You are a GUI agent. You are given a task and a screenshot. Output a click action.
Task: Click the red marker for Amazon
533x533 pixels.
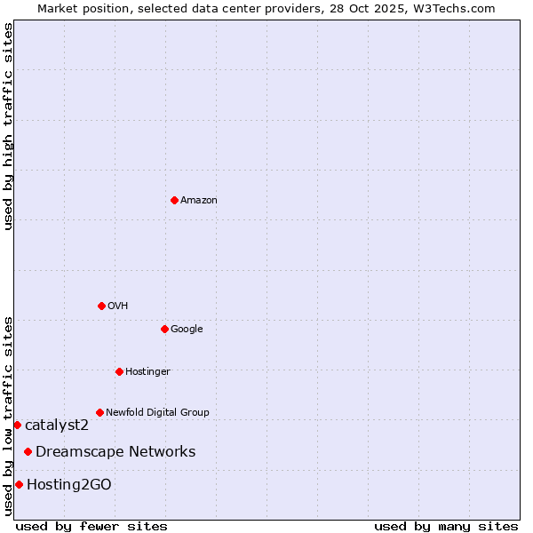pyautogui.click(x=174, y=200)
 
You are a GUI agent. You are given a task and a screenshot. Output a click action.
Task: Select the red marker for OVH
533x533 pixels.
pyautogui.click(x=101, y=306)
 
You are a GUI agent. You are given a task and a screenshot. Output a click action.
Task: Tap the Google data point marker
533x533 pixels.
pyautogui.click(x=164, y=329)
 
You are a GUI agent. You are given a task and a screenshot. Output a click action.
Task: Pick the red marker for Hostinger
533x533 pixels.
pyautogui.click(x=119, y=371)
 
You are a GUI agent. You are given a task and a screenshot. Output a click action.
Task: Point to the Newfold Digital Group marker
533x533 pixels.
pyautogui.click(x=99, y=412)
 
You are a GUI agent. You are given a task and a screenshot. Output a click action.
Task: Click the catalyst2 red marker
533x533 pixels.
pyautogui.click(x=17, y=425)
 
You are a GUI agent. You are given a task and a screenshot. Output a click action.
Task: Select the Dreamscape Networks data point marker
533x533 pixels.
pyautogui.click(x=28, y=451)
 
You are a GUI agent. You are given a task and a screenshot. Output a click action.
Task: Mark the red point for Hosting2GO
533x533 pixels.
pyautogui.click(x=19, y=484)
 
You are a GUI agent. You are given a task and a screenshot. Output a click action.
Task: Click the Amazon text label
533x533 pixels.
pyautogui.click(x=199, y=200)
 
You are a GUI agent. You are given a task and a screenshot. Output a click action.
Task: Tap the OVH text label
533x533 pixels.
pyautogui.click(x=118, y=306)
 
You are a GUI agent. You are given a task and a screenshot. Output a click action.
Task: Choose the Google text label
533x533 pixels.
pyautogui.click(x=187, y=329)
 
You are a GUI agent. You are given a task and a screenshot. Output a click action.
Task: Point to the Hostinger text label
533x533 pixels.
pyautogui.click(x=147, y=371)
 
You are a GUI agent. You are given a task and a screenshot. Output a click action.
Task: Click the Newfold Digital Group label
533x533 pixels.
pyautogui.click(x=157, y=412)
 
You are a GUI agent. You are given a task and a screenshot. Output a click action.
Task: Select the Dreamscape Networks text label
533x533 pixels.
pyautogui.click(x=115, y=451)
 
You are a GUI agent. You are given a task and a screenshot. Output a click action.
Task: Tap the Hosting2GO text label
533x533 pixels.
pyautogui.click(x=69, y=484)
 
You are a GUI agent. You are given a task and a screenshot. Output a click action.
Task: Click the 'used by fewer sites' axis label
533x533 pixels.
pyautogui.click(x=91, y=526)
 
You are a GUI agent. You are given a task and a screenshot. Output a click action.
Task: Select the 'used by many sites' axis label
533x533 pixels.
pyautogui.click(x=446, y=526)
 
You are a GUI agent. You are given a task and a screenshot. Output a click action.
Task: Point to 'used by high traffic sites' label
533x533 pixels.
pyautogui.click(x=8, y=126)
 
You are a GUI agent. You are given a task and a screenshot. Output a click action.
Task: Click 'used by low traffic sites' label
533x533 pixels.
pyautogui.click(x=8, y=416)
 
